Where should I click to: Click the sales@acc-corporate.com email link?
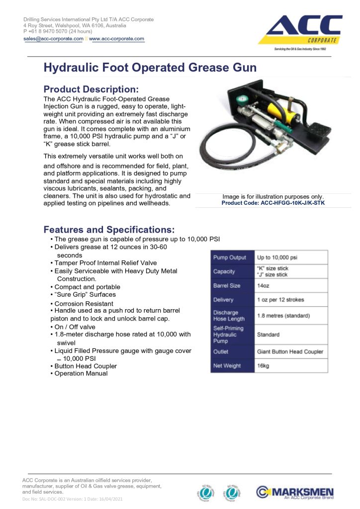coord(53,39)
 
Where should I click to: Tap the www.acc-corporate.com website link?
coord(117,39)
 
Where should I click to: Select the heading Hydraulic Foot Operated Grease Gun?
coord(150,68)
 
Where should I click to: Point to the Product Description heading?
coord(91,89)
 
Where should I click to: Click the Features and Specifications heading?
coord(109,230)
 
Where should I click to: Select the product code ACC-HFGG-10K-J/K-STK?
coord(273,203)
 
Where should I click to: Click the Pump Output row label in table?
coord(230,257)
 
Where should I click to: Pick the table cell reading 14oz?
coord(263,286)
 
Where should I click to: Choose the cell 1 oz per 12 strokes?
coord(280,300)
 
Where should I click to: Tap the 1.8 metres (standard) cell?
coord(283,316)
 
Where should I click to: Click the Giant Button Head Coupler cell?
coord(290,351)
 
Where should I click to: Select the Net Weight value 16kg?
coord(263,365)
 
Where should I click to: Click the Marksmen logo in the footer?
coord(295,492)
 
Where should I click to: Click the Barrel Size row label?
coord(227,286)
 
